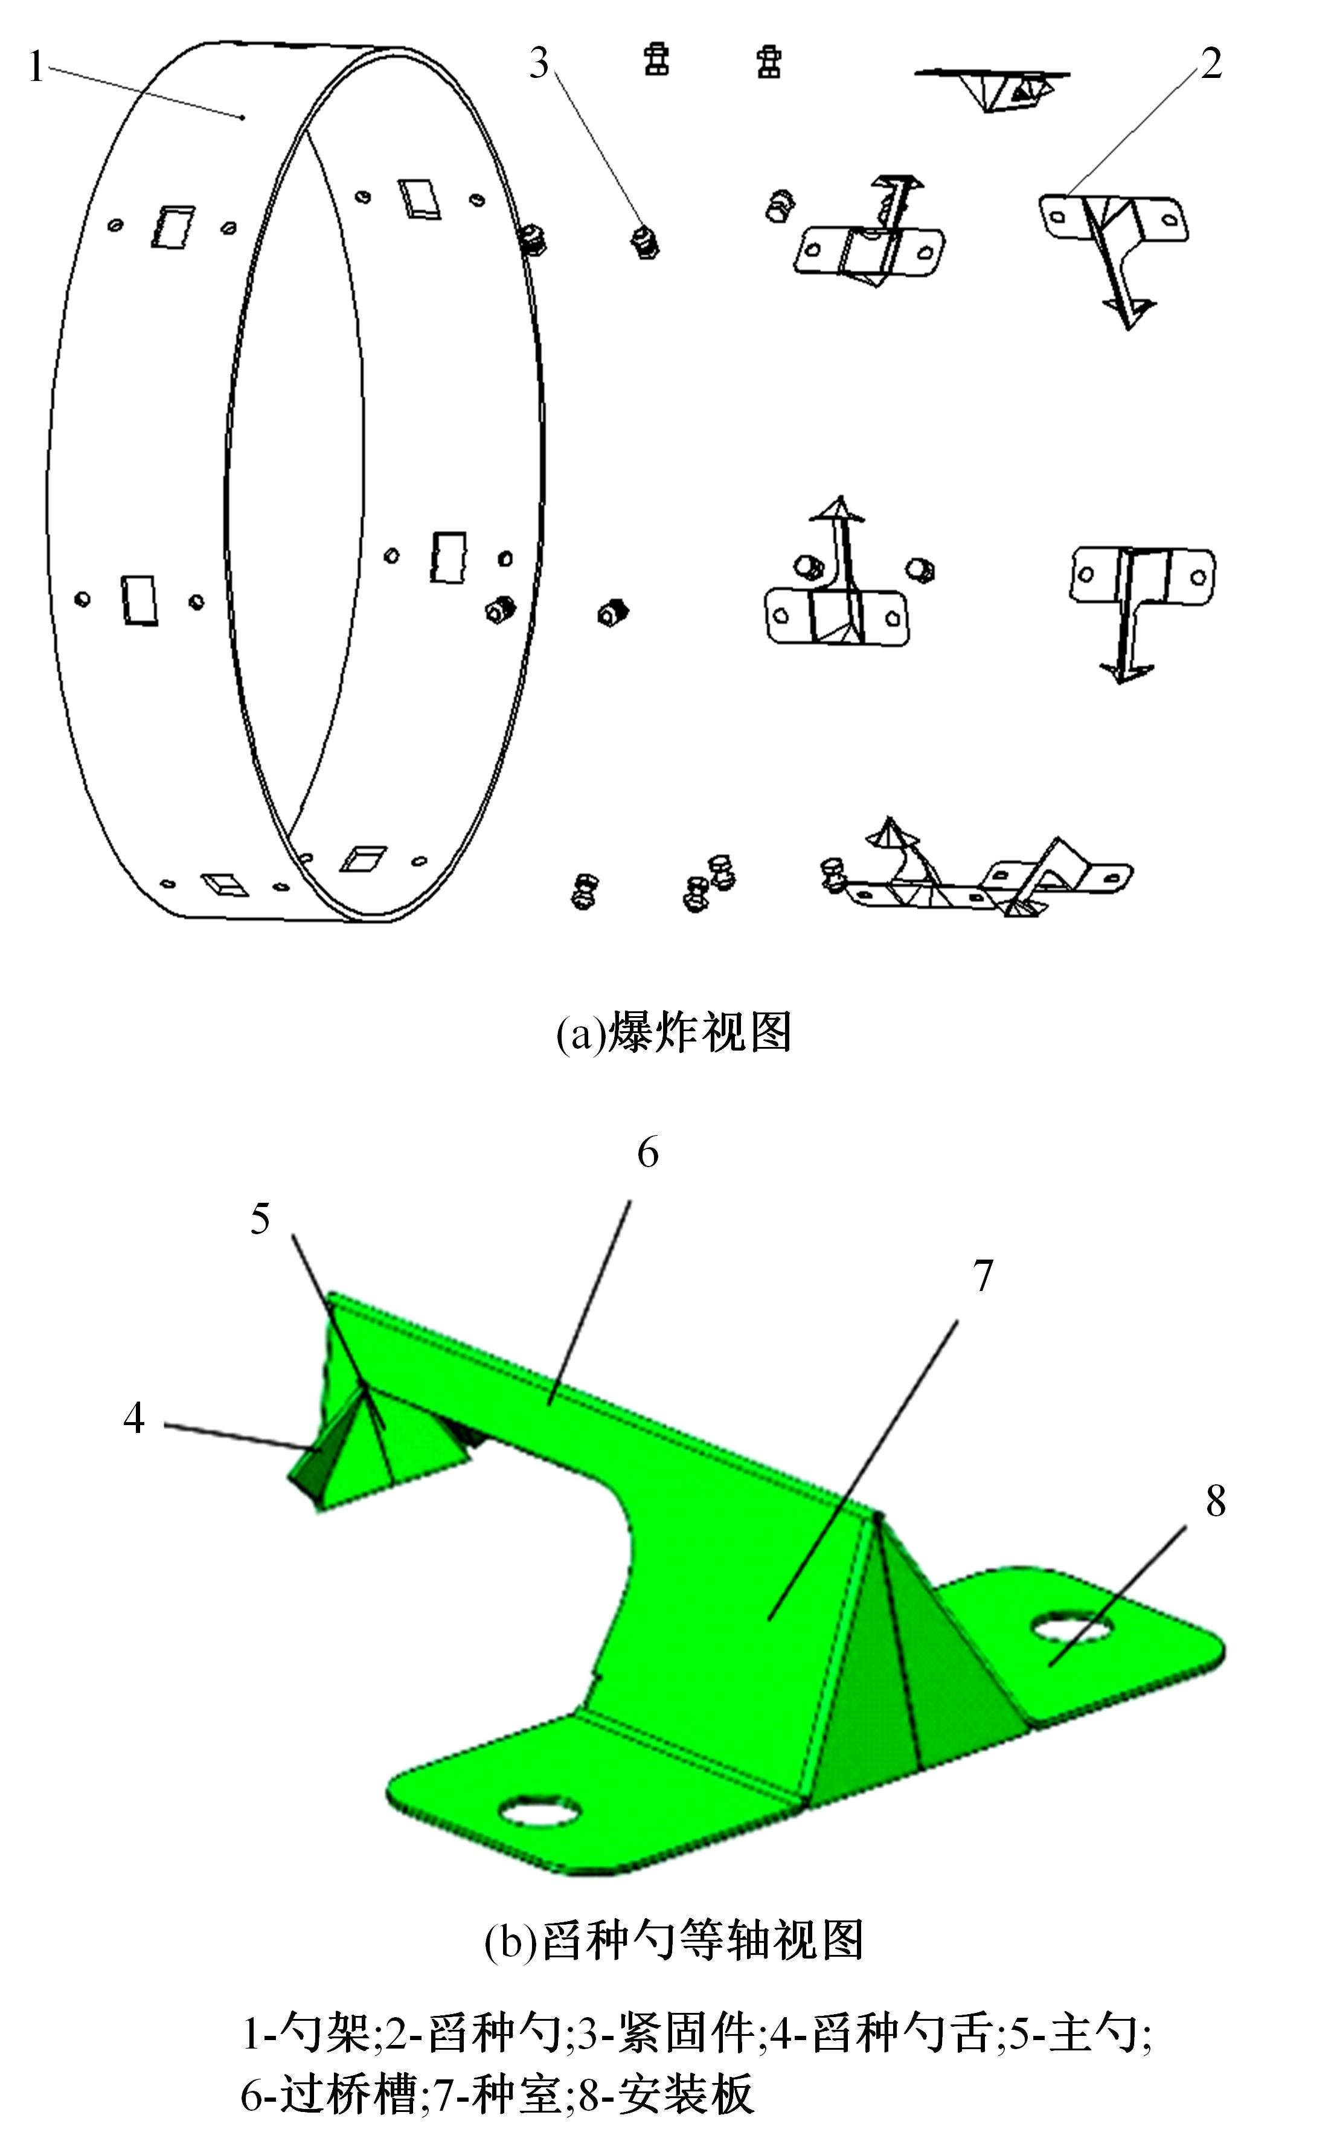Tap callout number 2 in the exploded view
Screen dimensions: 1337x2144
[x=1211, y=63]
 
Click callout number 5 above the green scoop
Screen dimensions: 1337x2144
[x=260, y=1219]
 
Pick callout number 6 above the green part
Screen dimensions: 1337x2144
[x=648, y=1153]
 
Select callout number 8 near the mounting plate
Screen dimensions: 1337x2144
[x=1216, y=1502]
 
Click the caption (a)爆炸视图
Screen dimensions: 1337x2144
[x=674, y=1032]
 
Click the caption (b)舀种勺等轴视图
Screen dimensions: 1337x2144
[x=674, y=1942]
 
